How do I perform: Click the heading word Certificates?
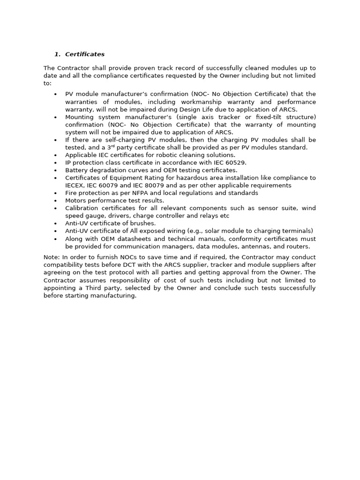(85, 54)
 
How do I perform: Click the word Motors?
(76, 201)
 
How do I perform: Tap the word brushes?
(144, 223)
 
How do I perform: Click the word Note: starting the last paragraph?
(52, 257)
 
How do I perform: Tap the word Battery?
(77, 170)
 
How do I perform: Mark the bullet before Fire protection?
(55, 193)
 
